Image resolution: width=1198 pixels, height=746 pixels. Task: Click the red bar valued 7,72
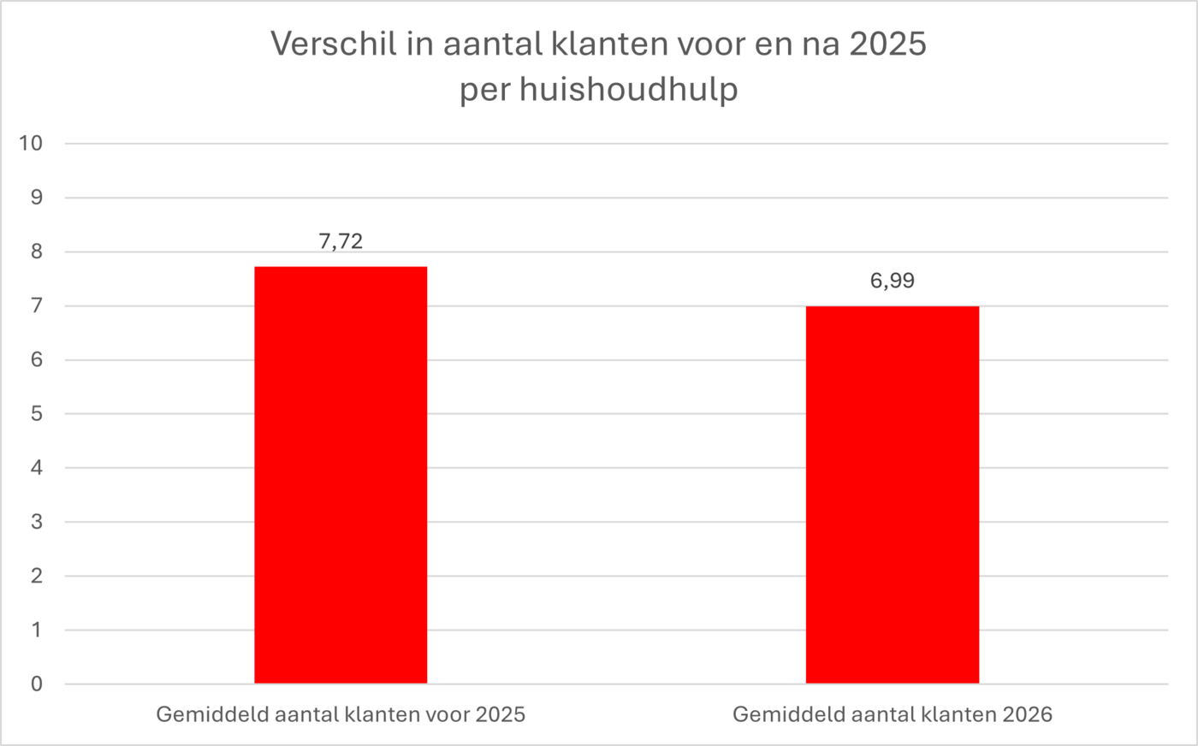tap(341, 475)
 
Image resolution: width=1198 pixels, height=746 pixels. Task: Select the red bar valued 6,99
tap(893, 494)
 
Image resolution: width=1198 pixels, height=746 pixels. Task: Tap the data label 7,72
tap(341, 241)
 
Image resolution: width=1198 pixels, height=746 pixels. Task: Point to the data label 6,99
tap(893, 281)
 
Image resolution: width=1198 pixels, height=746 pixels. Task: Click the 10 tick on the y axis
tap(31, 143)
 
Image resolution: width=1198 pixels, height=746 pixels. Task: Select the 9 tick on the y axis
tap(36, 198)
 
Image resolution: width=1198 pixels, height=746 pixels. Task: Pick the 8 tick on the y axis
tap(36, 252)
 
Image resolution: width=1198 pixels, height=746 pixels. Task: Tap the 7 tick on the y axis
tap(36, 305)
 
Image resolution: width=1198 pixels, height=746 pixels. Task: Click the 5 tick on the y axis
tap(36, 414)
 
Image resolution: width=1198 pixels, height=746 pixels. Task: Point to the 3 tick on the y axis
tap(36, 522)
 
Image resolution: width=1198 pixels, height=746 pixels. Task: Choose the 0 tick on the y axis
tap(36, 684)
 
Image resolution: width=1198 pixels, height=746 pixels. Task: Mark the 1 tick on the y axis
tap(36, 630)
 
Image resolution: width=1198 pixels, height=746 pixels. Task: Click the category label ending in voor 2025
tap(341, 714)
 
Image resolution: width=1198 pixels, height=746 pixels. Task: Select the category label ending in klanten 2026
tap(893, 714)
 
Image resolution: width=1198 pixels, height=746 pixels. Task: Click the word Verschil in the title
tap(334, 44)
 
